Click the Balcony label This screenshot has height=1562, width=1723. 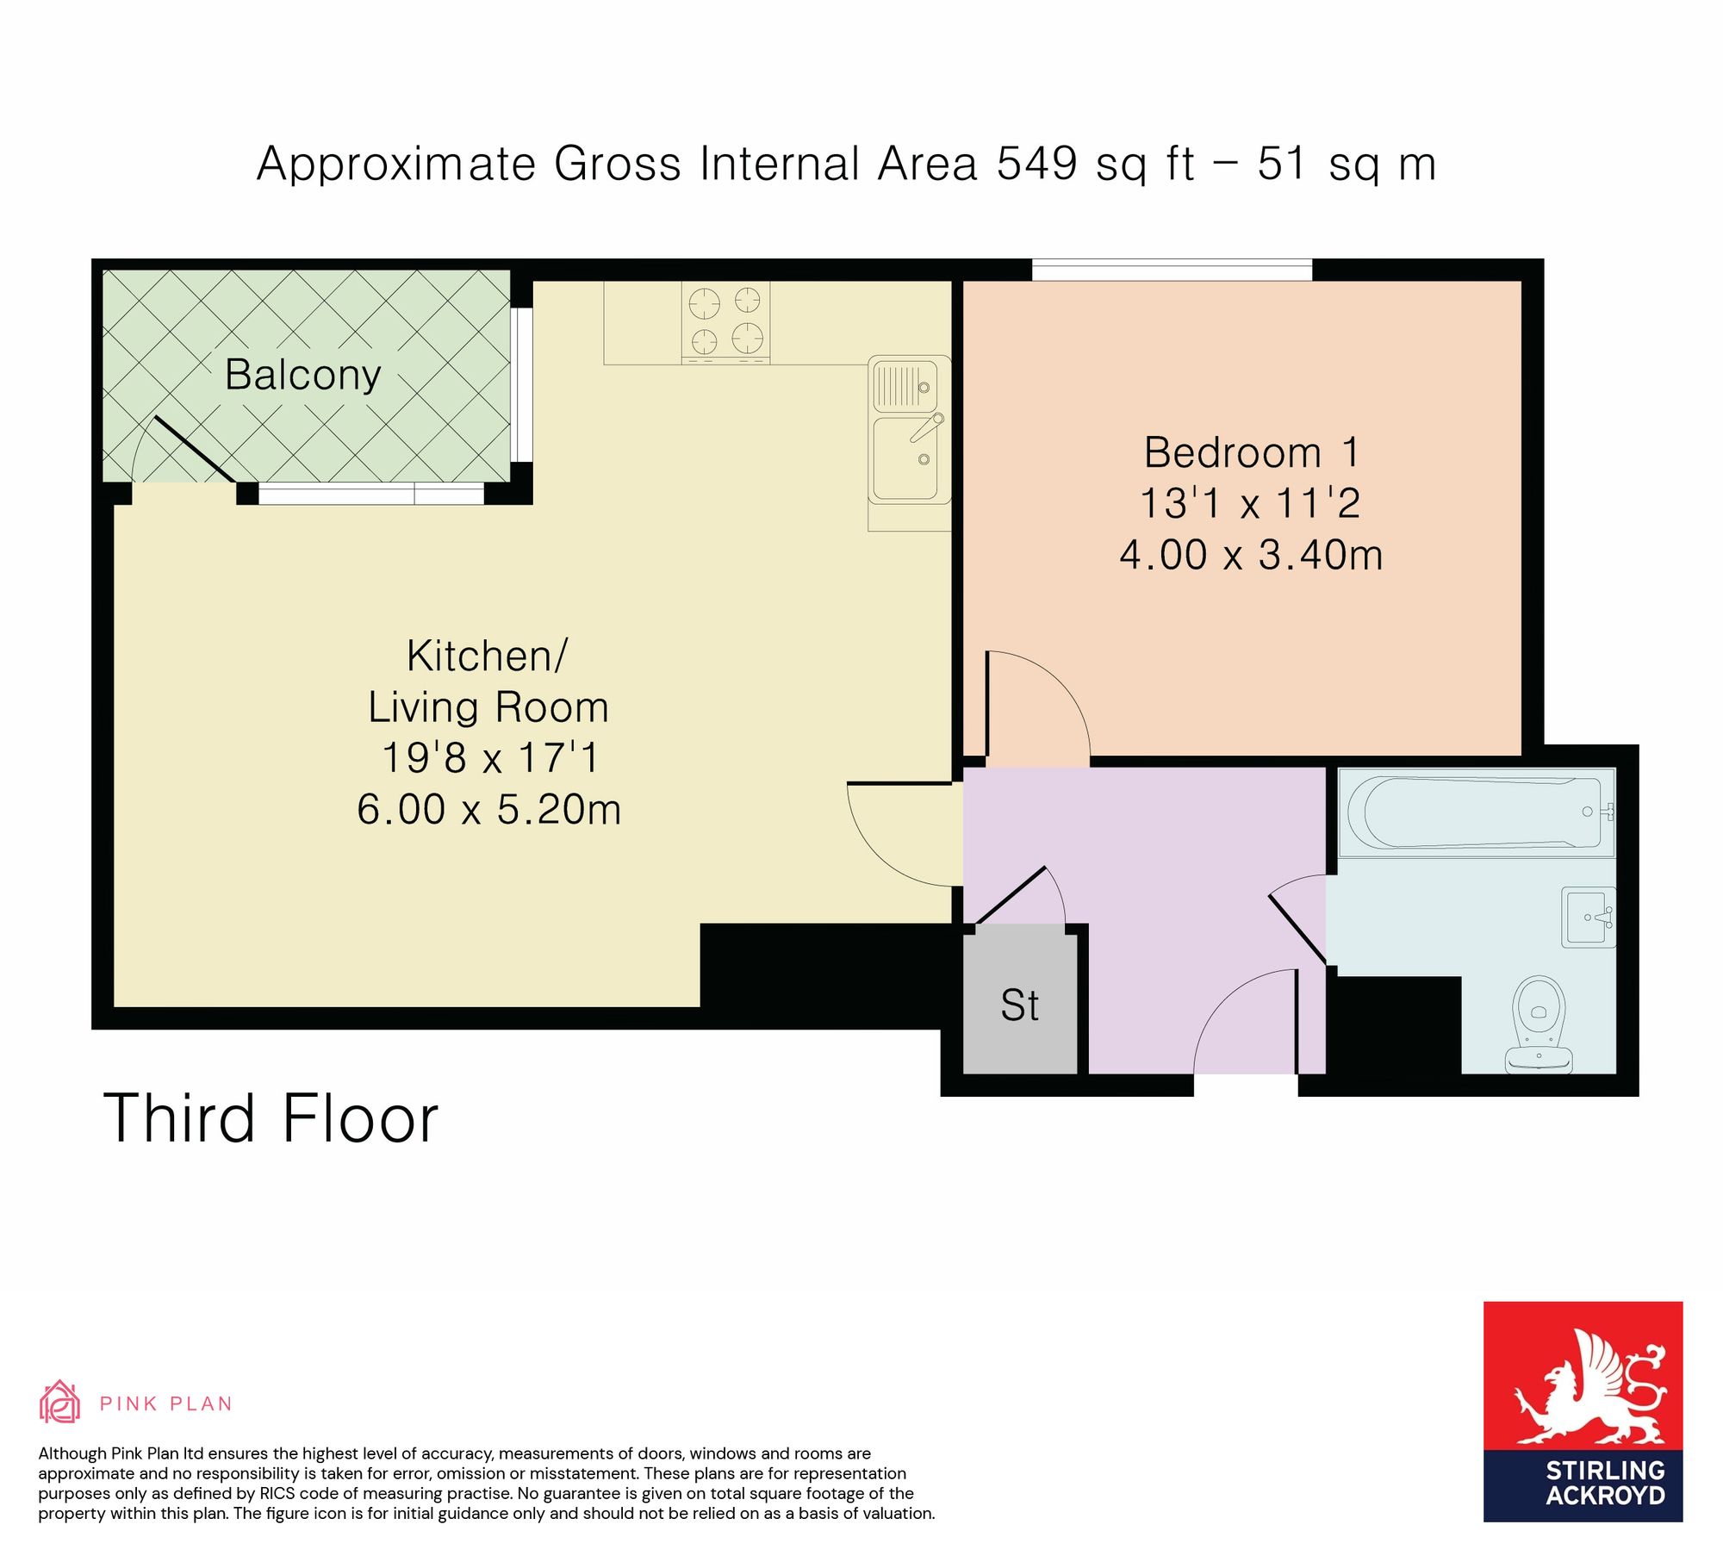click(x=302, y=375)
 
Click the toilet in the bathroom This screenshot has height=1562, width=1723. click(x=1539, y=1024)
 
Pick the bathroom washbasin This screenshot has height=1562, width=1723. click(x=1589, y=918)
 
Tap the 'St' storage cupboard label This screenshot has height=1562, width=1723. click(x=1020, y=1005)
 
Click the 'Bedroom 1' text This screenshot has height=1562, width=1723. click(x=1251, y=452)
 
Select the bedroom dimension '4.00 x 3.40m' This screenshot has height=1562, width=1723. click(x=1251, y=555)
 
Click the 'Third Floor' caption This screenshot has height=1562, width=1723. click(x=271, y=1119)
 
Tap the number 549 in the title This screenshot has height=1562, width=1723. click(x=1036, y=163)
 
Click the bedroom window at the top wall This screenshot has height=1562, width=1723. click(x=1172, y=270)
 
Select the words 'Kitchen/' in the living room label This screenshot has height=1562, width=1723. click(x=487, y=657)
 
